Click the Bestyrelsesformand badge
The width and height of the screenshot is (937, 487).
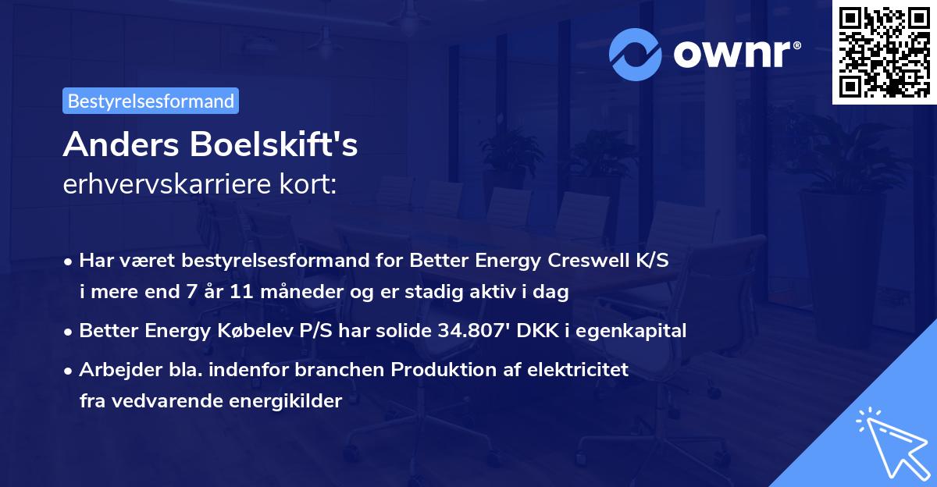pos(151,101)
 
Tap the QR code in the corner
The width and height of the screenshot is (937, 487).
pos(884,52)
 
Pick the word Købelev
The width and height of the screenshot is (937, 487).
pos(226,330)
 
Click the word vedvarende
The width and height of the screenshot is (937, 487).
pos(155,401)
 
